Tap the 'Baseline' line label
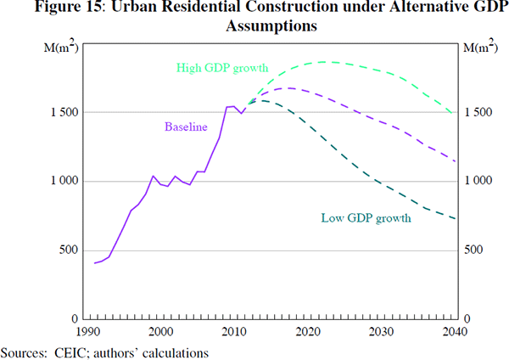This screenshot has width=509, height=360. pos(186,127)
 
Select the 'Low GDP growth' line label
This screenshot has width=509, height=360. pos(366,218)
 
